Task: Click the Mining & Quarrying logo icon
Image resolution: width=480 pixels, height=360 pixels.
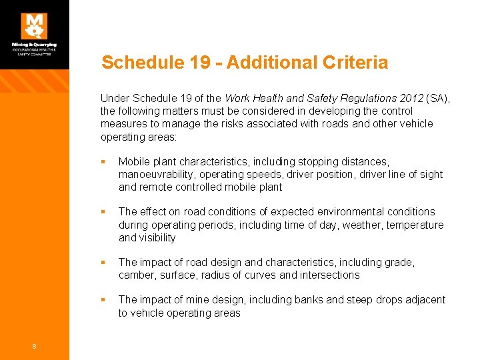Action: click(34, 25)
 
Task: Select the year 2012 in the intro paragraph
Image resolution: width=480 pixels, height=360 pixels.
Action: click(410, 99)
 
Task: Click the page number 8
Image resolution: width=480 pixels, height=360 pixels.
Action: click(34, 345)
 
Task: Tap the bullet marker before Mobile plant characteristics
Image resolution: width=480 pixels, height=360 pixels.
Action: click(103, 162)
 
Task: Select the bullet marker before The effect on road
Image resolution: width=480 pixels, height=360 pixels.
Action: click(103, 212)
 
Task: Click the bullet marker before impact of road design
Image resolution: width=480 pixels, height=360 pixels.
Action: click(103, 263)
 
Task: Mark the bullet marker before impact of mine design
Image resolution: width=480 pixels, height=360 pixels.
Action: click(103, 300)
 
